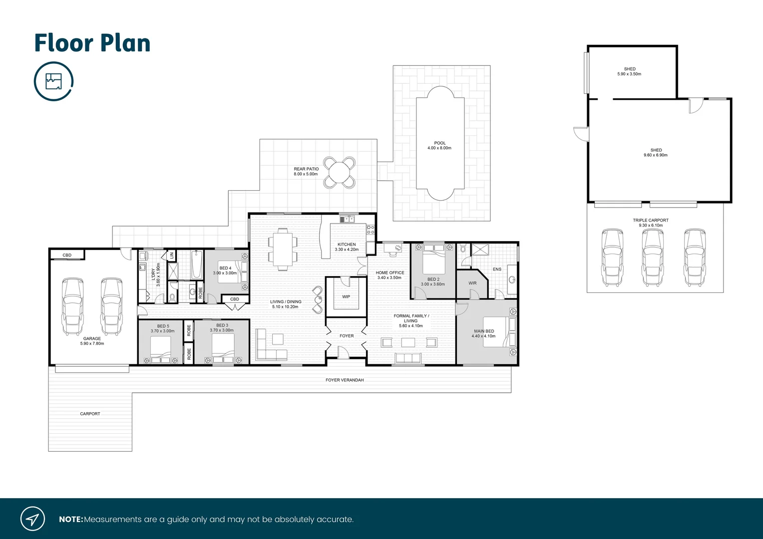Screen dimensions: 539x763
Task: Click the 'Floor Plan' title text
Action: coord(92,43)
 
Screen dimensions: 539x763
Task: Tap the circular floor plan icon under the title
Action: coord(53,81)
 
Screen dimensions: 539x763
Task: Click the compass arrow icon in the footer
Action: coord(32,519)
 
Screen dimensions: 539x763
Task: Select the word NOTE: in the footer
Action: coord(71,520)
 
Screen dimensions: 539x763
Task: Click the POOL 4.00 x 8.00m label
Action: coord(439,146)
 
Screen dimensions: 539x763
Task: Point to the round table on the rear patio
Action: coord(339,173)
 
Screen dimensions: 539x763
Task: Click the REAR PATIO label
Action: coord(306,171)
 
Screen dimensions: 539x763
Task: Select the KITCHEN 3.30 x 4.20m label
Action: coord(347,247)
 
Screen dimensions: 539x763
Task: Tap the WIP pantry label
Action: coord(346,296)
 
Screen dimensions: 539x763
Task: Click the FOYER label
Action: coord(347,336)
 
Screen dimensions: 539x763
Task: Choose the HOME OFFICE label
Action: coord(389,275)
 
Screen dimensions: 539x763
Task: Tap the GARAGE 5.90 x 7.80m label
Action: coord(92,341)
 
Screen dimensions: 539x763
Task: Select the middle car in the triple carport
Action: coord(652,258)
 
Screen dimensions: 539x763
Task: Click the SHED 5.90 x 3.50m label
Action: coord(629,71)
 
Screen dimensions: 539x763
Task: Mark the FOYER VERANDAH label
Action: coord(345,380)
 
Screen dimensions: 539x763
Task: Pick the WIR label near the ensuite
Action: coord(472,283)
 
